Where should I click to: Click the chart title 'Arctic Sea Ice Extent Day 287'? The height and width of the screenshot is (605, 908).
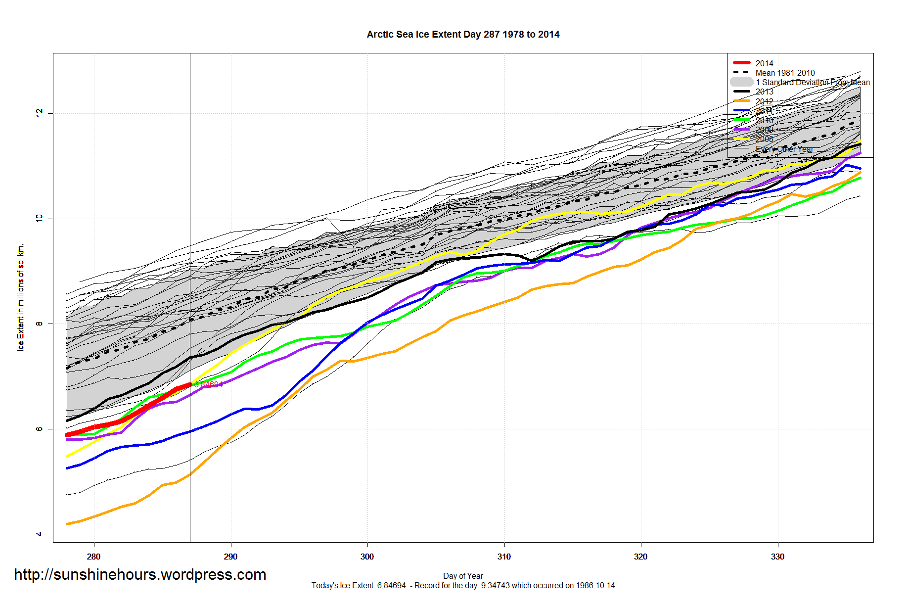[x=463, y=35]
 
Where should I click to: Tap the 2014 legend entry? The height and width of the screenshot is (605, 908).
[x=764, y=63]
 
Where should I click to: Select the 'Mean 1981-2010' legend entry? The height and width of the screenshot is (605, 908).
[x=785, y=73]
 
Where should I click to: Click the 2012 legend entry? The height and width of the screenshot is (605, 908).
[x=764, y=101]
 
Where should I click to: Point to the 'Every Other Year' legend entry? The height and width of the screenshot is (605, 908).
[x=784, y=149]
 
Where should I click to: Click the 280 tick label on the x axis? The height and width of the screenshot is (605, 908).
[x=93, y=557]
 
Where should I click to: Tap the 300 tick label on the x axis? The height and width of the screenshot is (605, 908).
[x=367, y=557]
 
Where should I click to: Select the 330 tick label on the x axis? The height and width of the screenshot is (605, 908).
[x=777, y=557]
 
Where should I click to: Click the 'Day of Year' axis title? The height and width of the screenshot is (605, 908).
[x=463, y=576]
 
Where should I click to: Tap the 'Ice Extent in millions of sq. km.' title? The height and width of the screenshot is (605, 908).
[x=21, y=297]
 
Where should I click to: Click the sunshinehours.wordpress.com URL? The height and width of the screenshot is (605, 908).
[x=140, y=574]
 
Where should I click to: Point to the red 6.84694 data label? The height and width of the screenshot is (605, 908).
[x=208, y=384]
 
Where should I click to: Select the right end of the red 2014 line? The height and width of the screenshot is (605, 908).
[x=190, y=384]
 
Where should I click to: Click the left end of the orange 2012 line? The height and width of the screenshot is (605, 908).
[x=67, y=524]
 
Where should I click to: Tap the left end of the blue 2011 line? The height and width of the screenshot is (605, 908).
[x=67, y=468]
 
